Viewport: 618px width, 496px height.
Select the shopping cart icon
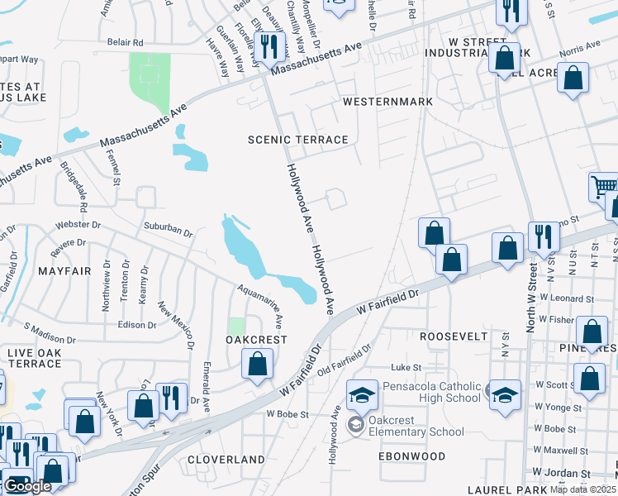tap(604, 188)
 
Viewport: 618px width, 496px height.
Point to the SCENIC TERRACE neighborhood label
tap(298, 140)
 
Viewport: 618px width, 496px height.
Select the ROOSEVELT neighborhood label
tap(454, 336)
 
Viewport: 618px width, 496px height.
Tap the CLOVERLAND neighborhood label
tap(226, 459)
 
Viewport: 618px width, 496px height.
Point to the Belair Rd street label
tap(125, 42)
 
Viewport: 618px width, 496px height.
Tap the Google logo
tap(27, 486)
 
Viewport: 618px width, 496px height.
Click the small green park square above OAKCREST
tap(237, 327)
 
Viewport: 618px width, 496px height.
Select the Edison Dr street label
tap(137, 325)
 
